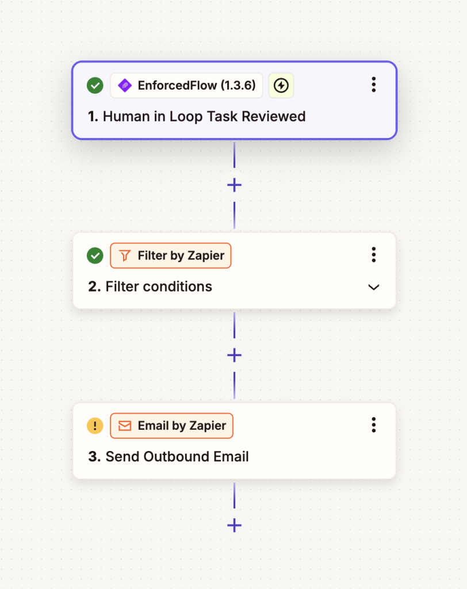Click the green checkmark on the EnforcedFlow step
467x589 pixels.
coord(95,86)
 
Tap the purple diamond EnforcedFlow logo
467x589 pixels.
coord(125,86)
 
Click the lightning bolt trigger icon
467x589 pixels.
coord(281,86)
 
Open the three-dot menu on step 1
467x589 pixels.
coord(373,85)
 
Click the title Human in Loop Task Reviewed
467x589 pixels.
coord(197,116)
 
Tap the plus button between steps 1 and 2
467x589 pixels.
coord(235,185)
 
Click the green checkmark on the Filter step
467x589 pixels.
coord(95,256)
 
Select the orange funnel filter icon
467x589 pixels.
coord(125,256)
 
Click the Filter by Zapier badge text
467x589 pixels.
coord(181,256)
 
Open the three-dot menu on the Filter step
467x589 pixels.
coord(373,255)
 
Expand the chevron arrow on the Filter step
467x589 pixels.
coord(373,288)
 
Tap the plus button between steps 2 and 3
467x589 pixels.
coord(235,355)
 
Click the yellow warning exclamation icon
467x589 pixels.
coord(95,426)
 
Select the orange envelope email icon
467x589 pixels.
coord(125,426)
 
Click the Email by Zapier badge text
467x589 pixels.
coord(182,426)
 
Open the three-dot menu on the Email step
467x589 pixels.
coord(373,425)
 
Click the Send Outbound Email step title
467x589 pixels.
coord(169,457)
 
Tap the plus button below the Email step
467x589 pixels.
coord(235,526)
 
